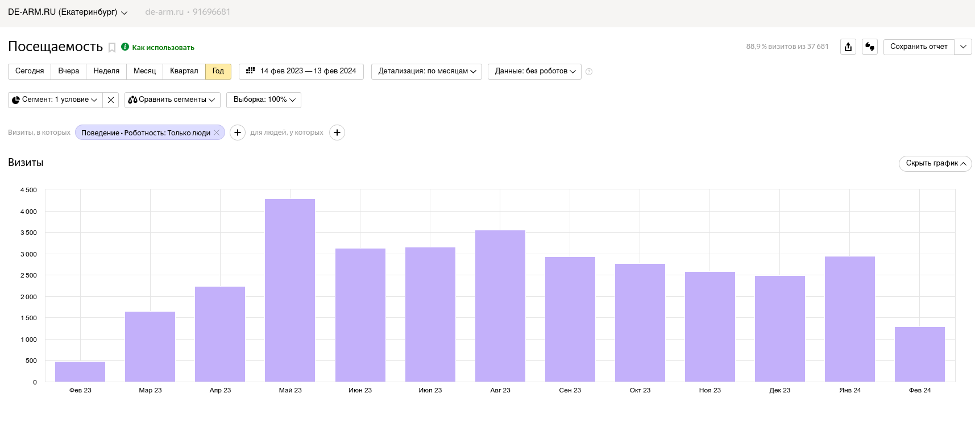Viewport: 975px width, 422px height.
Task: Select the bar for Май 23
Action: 290,290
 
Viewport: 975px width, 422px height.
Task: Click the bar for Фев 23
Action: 80,371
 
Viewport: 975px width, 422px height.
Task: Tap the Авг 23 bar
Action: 500,306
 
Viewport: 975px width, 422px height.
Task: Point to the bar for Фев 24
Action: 920,354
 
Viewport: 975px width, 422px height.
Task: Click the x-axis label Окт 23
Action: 640,390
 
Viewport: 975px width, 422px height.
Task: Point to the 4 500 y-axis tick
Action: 28,190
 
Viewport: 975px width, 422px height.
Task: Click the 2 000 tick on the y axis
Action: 28,297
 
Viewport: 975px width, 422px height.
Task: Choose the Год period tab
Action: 218,71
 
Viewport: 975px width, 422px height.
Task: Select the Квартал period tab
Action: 184,71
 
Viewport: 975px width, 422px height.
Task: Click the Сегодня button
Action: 30,71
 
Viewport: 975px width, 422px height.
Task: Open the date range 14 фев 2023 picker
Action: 301,71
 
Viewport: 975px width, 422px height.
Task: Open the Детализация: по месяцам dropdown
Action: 426,71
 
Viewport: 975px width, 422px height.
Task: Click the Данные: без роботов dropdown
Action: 534,71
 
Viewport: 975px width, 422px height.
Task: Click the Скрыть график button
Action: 935,163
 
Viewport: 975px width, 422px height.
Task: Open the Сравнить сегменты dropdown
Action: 172,100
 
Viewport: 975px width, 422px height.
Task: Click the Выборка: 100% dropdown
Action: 264,100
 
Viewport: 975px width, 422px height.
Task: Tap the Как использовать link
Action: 163,48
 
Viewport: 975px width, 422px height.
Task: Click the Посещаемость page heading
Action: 56,47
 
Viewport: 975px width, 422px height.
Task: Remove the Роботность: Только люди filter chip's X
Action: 217,133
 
